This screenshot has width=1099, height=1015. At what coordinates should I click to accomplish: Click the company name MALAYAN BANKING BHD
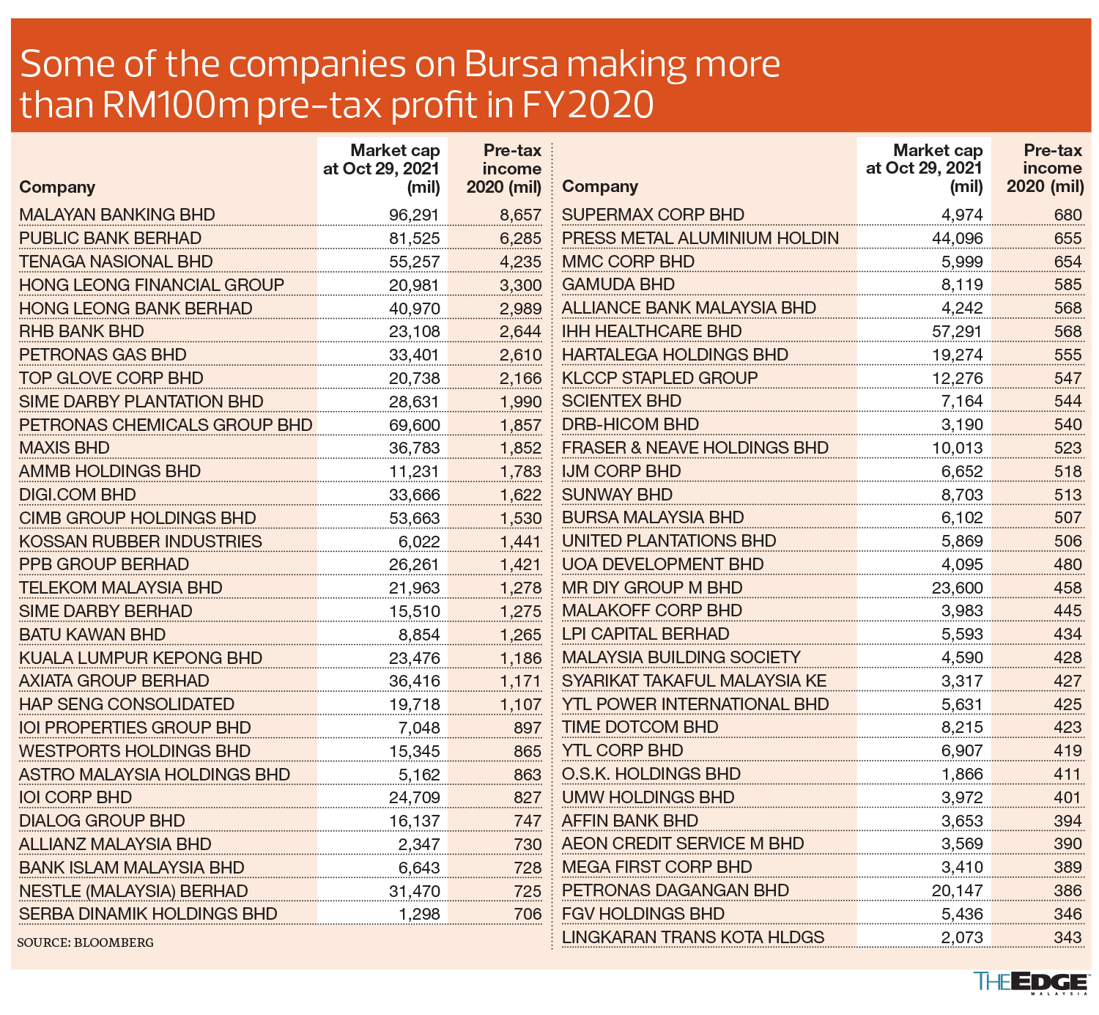117,215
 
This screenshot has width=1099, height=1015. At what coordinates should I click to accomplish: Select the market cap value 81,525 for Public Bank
414,238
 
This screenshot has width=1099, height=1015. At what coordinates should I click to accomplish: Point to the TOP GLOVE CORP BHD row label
111,378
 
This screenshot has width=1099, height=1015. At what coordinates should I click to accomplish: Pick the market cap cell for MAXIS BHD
414,448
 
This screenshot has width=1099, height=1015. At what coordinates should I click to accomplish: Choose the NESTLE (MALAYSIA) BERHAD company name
133,891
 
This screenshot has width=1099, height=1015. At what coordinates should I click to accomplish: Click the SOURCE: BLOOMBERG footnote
86,942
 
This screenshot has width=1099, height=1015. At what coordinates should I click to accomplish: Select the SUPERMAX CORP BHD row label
653,215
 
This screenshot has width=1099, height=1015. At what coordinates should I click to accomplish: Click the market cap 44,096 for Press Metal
957,238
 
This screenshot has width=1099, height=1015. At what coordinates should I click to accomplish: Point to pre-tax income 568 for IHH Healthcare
1067,331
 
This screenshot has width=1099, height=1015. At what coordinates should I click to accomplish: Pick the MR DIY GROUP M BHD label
652,588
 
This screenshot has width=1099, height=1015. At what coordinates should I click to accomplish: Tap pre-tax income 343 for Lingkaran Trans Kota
1067,937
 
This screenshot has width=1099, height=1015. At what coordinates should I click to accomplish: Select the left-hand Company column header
57,187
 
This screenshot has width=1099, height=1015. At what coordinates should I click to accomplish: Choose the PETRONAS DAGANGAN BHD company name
675,890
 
